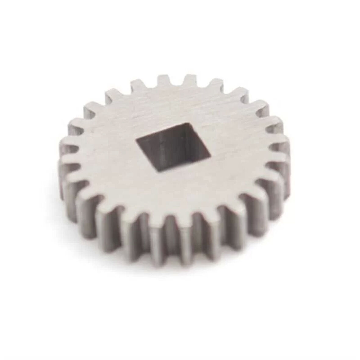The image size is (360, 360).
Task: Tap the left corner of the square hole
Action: pyautogui.click(x=136, y=141)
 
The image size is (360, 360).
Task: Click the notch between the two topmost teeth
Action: pyautogui.click(x=177, y=87)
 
